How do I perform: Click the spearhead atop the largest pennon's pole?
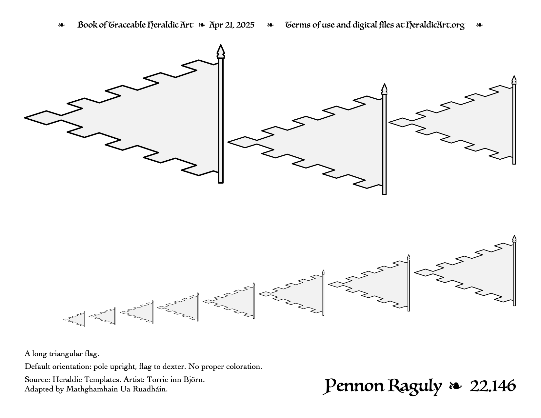(221, 51)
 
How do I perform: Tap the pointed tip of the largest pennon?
(24, 118)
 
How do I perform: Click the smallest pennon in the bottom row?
(74, 319)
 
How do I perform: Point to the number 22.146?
(493, 386)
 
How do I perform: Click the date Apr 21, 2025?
(232, 25)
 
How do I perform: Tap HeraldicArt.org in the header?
(435, 25)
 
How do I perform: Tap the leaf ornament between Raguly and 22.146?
(455, 386)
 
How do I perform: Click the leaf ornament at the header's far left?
(61, 25)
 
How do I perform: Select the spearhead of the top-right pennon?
(514, 80)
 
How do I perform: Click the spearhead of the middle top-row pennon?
(384, 89)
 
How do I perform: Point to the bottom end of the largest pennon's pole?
(221, 183)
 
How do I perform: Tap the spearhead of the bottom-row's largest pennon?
(514, 239)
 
